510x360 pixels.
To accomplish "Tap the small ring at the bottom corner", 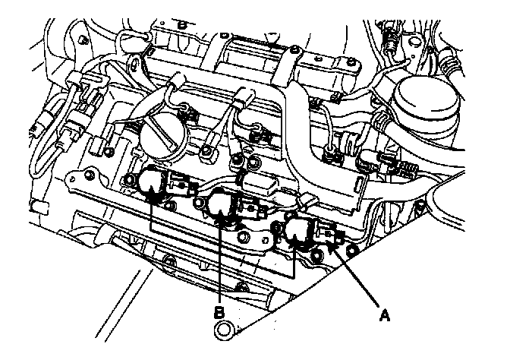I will tap(223, 330).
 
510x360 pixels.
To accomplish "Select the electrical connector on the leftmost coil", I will tap(178, 183).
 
